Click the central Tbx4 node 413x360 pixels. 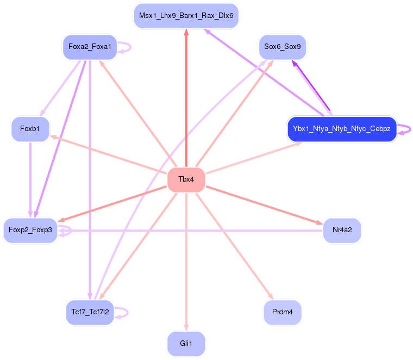click(x=186, y=180)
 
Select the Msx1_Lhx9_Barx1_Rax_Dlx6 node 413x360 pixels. click(x=186, y=16)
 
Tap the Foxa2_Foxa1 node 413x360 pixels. click(x=90, y=47)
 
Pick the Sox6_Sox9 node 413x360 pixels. click(x=282, y=47)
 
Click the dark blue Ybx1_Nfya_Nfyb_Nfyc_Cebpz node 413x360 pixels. click(x=342, y=129)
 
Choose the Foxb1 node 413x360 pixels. click(x=30, y=129)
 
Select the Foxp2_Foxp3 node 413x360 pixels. click(x=30, y=231)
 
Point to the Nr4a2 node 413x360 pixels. click(x=342, y=230)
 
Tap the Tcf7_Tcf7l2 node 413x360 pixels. click(x=90, y=312)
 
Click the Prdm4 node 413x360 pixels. click(x=282, y=312)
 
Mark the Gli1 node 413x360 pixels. click(x=186, y=344)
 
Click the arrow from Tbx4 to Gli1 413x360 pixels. click(x=186, y=261)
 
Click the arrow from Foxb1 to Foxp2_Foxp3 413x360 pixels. click(x=30, y=179)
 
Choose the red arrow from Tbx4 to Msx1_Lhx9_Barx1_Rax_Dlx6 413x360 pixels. click(x=186, y=98)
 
